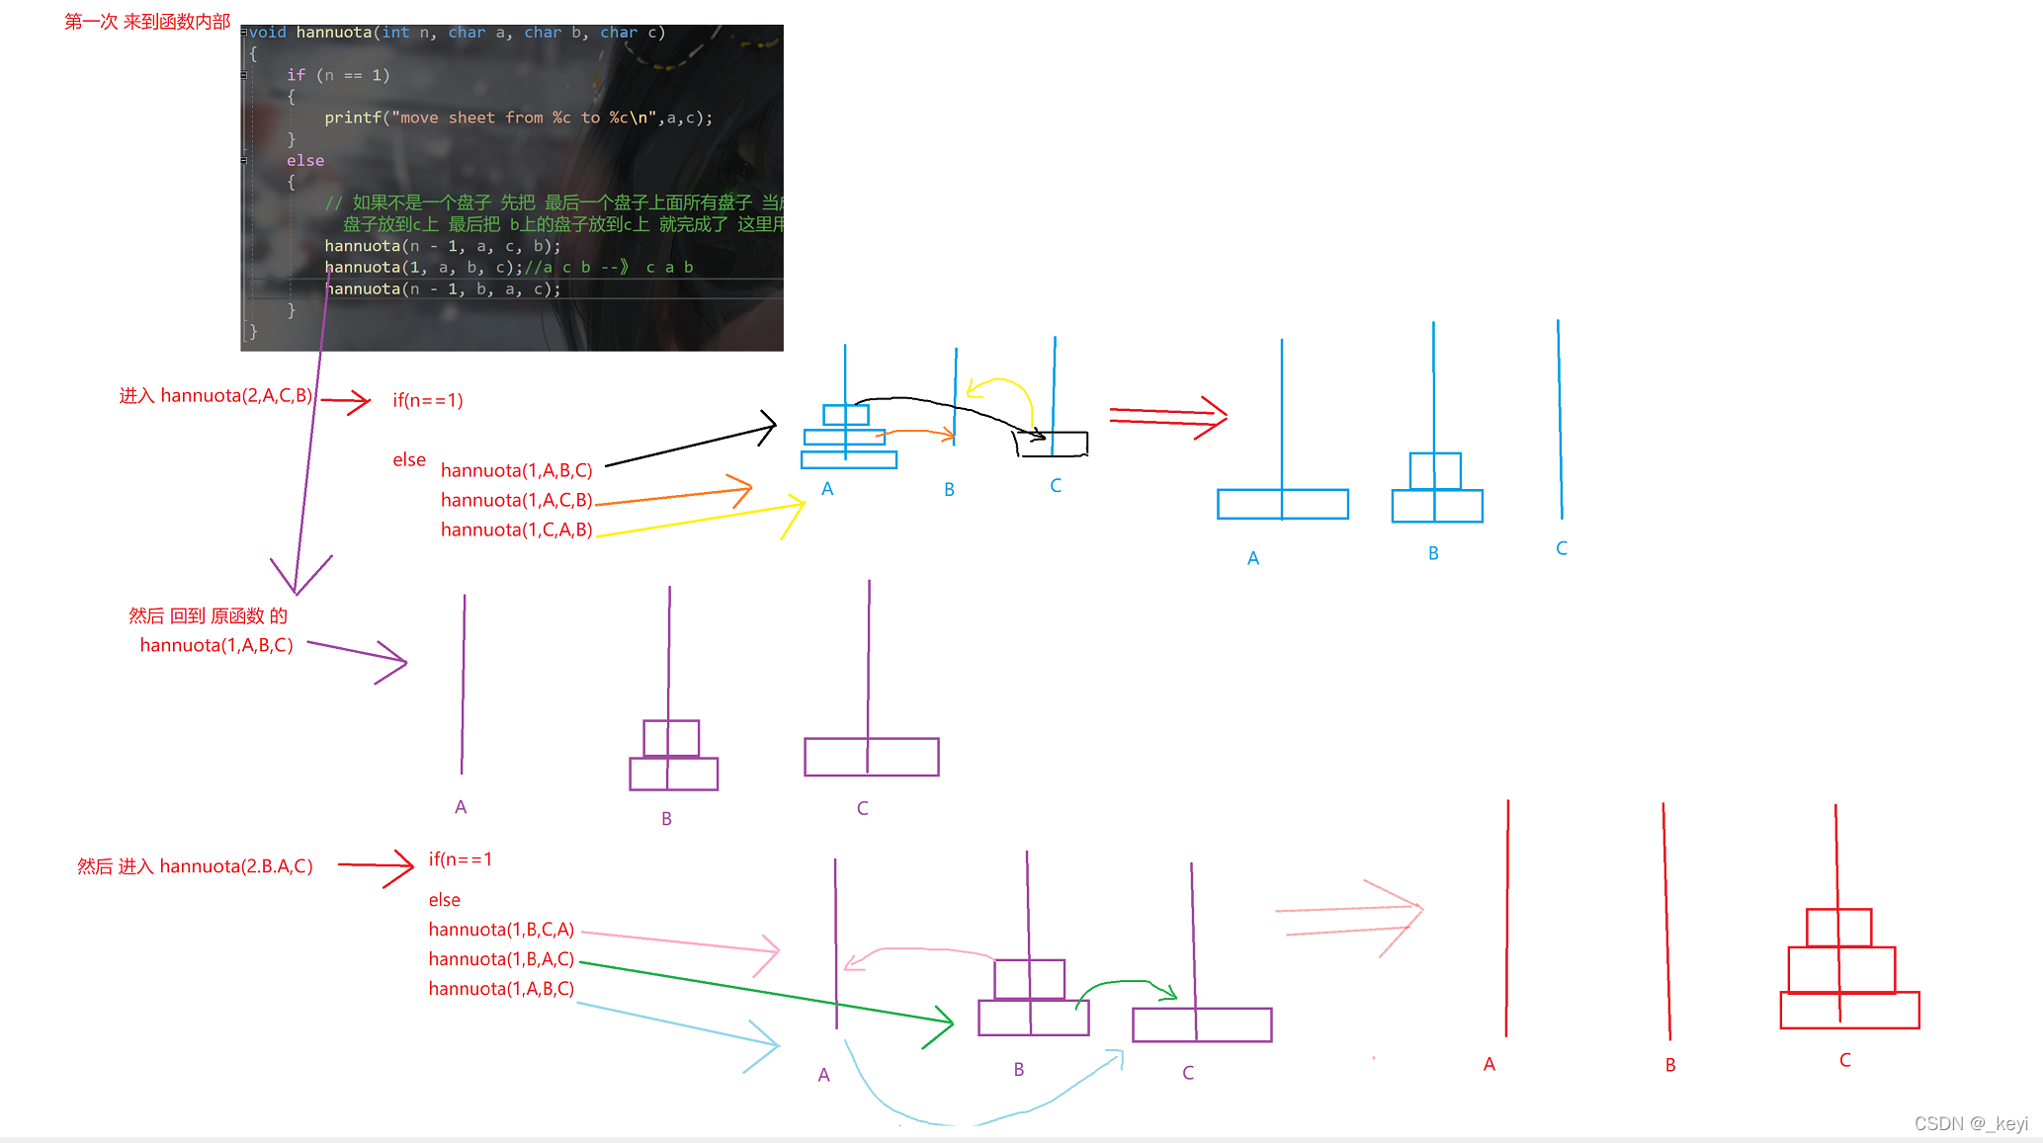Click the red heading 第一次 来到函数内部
[147, 22]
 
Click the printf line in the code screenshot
[518, 118]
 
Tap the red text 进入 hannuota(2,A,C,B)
[215, 396]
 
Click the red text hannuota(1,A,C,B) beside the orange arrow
[516, 501]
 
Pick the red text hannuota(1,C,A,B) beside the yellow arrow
[516, 531]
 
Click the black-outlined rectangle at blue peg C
[1052, 444]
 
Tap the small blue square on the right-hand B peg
[1435, 471]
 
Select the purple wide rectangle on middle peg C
[871, 757]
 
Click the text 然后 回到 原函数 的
[208, 616]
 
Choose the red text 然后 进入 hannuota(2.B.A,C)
[195, 867]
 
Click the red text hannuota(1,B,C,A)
[501, 930]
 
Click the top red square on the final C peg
[1838, 928]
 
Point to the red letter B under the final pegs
[1670, 1065]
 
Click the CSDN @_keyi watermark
[1971, 1123]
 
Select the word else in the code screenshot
[305, 160]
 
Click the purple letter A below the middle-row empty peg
[461, 807]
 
